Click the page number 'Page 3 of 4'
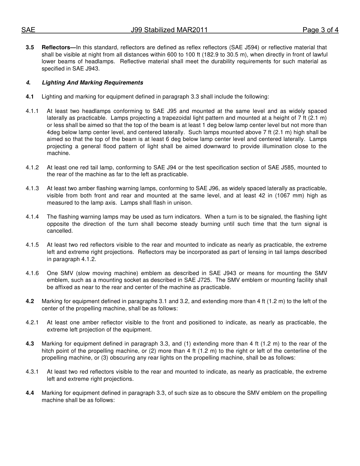pos(320,30)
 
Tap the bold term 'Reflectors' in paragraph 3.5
pos(55,48)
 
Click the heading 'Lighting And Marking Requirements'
pos(92,83)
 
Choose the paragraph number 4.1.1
pos(32,111)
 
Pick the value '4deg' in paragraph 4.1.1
pos(53,133)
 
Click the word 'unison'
pos(183,203)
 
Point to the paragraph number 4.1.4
pos(32,217)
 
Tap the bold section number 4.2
pos(30,302)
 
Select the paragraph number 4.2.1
pos(32,323)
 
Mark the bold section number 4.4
pos(30,393)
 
